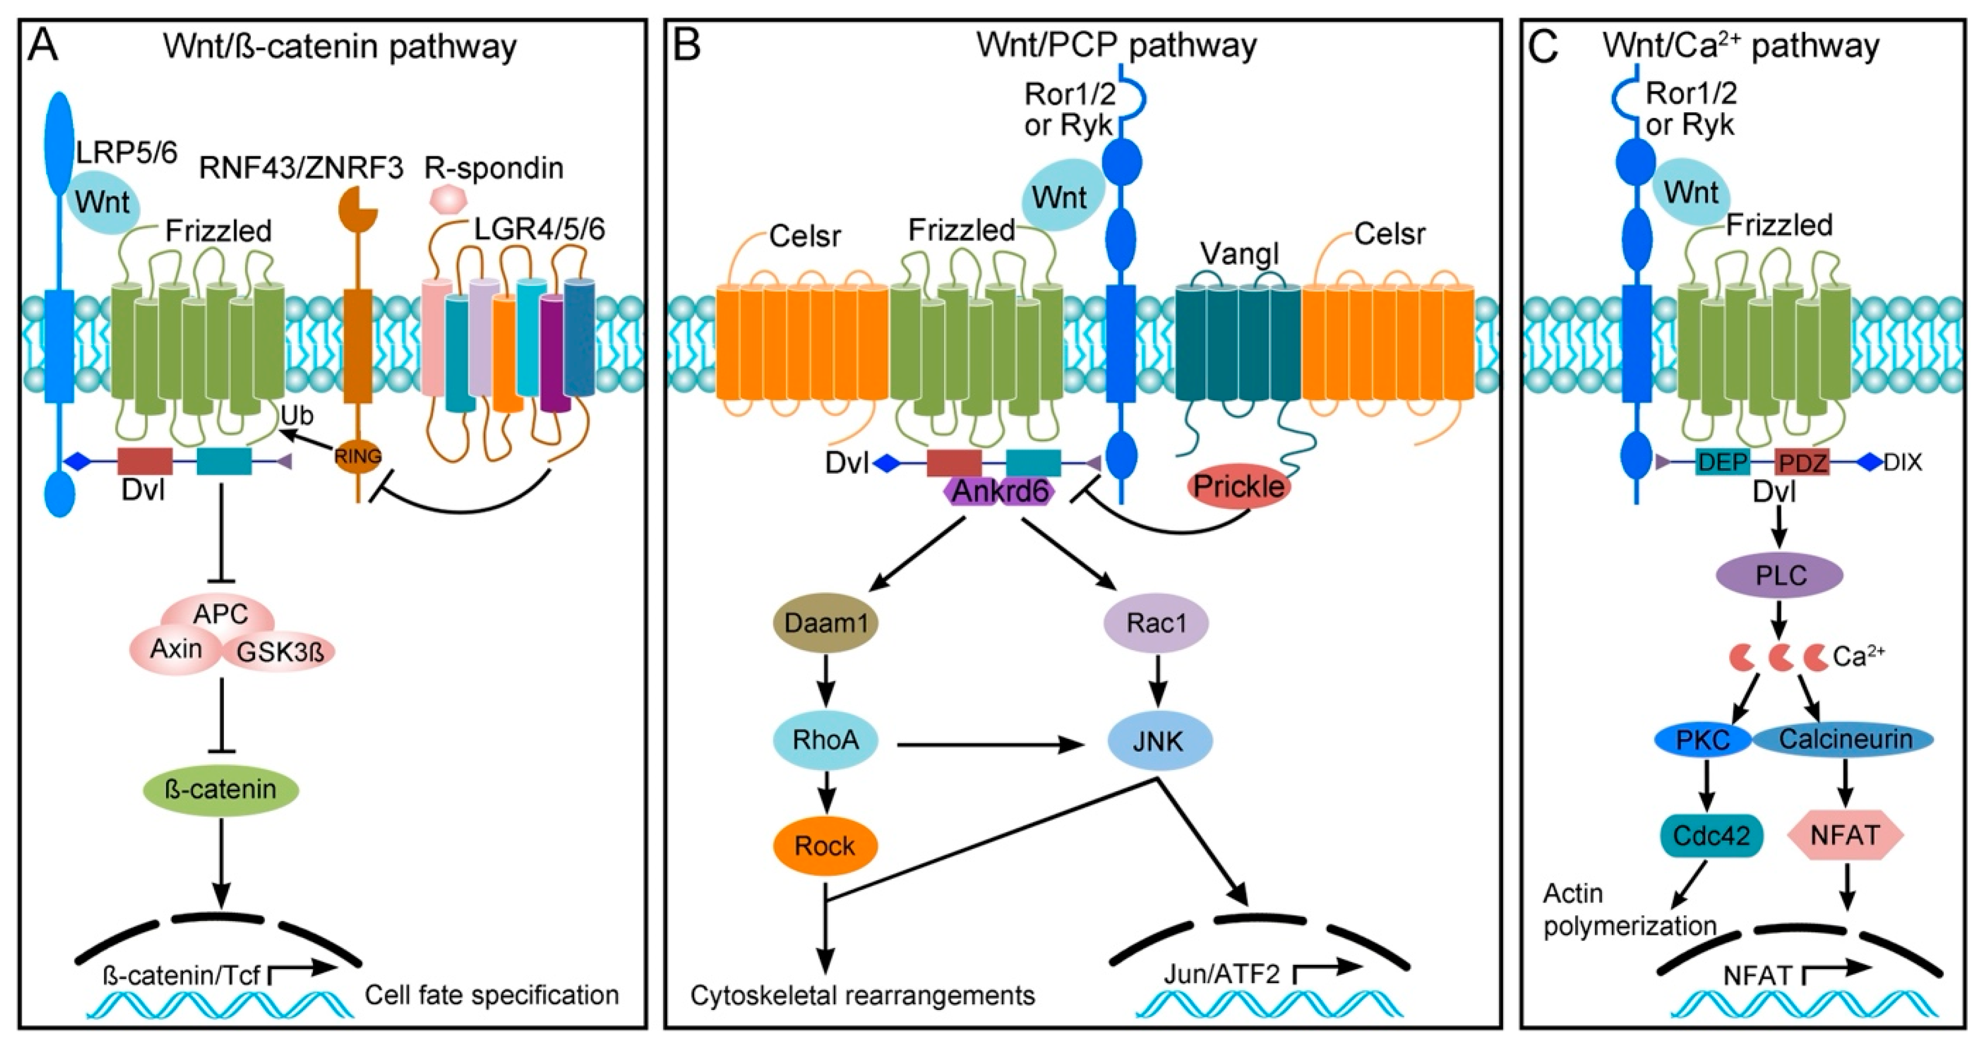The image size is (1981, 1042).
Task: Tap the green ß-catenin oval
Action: click(221, 790)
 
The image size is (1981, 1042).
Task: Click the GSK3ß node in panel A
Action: click(279, 652)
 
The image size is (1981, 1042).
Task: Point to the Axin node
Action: click(176, 649)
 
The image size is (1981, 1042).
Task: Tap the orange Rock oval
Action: click(825, 846)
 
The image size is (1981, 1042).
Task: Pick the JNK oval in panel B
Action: click(1160, 742)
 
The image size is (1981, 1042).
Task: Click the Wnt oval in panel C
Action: click(1691, 193)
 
